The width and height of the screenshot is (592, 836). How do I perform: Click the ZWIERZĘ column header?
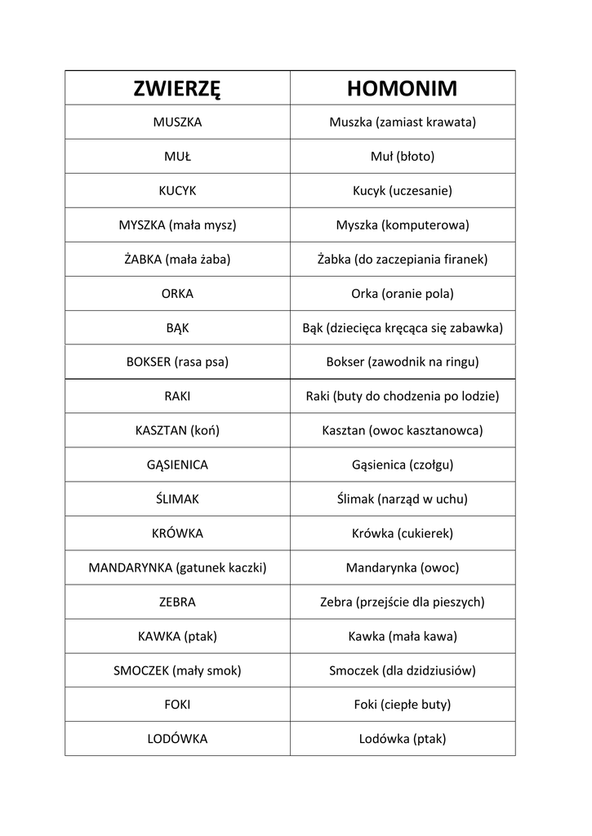[177, 88]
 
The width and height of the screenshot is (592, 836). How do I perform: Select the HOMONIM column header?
[402, 88]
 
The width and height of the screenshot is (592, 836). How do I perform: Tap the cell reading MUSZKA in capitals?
[177, 122]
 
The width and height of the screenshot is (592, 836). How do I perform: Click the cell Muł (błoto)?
[402, 157]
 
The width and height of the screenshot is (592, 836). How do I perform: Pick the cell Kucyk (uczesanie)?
[402, 191]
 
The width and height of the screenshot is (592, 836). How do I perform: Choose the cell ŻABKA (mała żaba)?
[177, 260]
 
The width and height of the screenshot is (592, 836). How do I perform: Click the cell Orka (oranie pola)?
[402, 294]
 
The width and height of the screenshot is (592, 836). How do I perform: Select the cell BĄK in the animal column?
[177, 328]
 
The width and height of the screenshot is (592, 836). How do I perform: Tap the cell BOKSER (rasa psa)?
[177, 362]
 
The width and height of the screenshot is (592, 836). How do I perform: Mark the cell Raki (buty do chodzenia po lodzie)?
[402, 396]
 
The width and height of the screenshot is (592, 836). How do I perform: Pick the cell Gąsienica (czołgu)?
[402, 465]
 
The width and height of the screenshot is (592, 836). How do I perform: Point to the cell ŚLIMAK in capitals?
[177, 499]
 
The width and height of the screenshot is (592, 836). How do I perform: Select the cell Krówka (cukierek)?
[402, 533]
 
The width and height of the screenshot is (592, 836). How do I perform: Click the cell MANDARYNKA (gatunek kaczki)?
[177, 567]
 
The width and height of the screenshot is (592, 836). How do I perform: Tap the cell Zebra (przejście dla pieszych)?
[402, 603]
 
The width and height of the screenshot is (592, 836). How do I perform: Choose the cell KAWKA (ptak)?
[177, 636]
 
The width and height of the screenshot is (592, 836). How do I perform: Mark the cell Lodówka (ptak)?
[402, 739]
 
